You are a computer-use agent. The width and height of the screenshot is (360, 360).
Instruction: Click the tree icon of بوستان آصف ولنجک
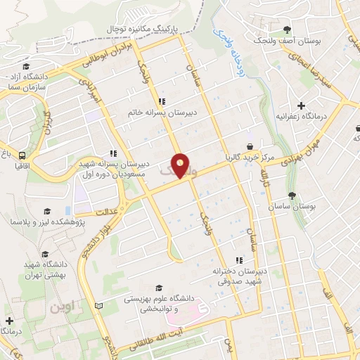287,30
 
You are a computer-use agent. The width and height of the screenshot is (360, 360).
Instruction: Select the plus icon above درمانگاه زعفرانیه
302,104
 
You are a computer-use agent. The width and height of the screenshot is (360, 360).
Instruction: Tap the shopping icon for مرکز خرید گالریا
250,146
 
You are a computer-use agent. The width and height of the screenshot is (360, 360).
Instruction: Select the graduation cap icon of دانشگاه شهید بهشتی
46,254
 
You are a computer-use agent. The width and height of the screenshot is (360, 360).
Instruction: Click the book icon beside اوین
98,305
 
